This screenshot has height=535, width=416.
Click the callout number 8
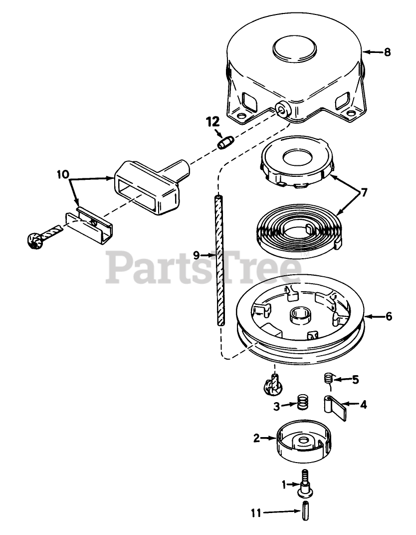point(388,51)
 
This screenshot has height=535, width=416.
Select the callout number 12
point(212,121)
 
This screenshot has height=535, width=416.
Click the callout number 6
point(389,316)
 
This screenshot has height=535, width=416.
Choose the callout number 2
point(256,438)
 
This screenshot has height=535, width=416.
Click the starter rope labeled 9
point(219,260)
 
